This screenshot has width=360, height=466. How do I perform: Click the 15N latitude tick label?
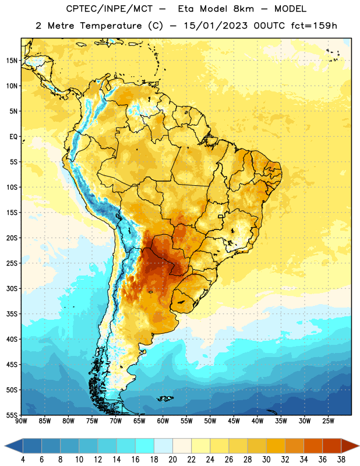[x=12, y=61]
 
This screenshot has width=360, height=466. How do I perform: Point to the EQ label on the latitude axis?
[x=13, y=137]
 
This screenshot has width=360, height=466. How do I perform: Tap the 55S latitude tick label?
[x=12, y=415]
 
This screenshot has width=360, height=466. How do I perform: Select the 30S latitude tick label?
[x=12, y=288]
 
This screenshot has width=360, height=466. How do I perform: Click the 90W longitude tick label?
[x=21, y=421]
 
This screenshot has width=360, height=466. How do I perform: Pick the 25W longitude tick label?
[x=328, y=421]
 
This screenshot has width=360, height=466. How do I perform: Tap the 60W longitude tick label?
[x=163, y=421]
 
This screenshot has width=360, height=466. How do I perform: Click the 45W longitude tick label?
[x=234, y=421]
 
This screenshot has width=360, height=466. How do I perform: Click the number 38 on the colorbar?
[x=341, y=460]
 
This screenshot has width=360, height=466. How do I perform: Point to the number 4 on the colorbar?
[x=23, y=460]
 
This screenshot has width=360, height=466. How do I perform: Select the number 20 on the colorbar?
[x=172, y=460]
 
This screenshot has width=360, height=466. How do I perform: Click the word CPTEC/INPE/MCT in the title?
[x=110, y=9]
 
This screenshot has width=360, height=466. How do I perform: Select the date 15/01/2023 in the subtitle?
[x=216, y=26]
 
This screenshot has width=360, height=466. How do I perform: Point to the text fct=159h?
[x=314, y=26]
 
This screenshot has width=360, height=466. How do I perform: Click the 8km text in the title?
[x=243, y=9]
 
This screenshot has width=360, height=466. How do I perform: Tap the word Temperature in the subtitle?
[x=111, y=26]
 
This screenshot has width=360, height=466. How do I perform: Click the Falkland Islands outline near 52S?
[x=165, y=398]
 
